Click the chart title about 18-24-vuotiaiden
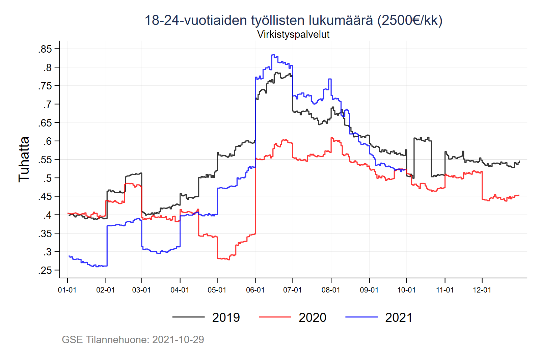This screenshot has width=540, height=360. (293, 20)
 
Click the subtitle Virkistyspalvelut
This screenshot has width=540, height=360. (293, 34)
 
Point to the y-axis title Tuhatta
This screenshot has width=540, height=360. (24, 159)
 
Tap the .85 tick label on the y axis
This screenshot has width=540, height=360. (45, 49)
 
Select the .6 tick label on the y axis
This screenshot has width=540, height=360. (47, 141)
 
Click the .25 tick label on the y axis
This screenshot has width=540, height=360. (45, 270)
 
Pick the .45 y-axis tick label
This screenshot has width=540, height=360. (45, 197)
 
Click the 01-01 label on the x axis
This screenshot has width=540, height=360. (67, 290)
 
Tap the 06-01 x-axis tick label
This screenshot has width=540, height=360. (255, 290)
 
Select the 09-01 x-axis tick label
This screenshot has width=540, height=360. (369, 290)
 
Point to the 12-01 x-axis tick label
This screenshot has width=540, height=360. (482, 290)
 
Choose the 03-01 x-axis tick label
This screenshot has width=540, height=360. (141, 290)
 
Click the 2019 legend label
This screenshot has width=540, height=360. (226, 317)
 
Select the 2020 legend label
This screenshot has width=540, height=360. (312, 317)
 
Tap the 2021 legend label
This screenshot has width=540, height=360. (399, 317)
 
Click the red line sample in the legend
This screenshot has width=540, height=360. (275, 317)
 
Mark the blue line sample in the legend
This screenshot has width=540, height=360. (361, 317)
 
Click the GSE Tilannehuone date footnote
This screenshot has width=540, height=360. (133, 339)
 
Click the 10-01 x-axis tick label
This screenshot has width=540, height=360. (406, 290)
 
